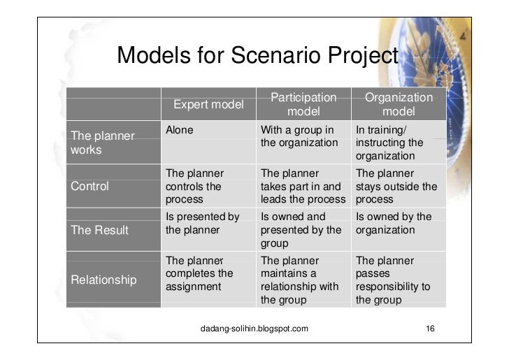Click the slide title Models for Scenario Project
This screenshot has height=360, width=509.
pos(257,56)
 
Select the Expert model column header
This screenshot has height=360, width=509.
pos(208,105)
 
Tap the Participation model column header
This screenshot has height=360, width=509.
pos(303,104)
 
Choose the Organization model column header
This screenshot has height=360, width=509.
pos(399,104)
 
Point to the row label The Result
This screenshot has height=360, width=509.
pos(100,230)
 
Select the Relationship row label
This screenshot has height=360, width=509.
pos(104,280)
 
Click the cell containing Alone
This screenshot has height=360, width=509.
pos(180,130)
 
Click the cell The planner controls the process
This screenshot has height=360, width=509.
pos(194,187)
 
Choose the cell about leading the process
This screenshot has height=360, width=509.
pos(303,187)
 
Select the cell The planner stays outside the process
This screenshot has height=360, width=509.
pos(396,187)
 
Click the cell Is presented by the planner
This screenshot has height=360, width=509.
pos(202,223)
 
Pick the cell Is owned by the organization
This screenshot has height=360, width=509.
pos(394,223)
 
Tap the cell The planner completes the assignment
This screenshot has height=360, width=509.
pos(199,273)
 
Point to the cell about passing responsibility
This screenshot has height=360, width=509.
pos(392,280)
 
